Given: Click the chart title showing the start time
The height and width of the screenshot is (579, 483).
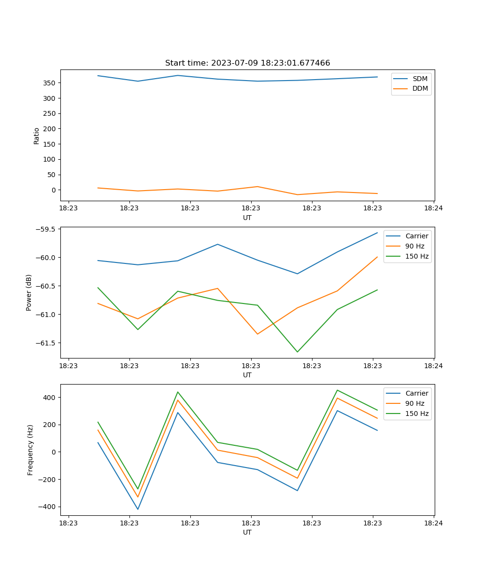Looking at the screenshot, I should [247, 63].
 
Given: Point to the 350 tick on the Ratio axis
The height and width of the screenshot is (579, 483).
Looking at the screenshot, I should [50, 83].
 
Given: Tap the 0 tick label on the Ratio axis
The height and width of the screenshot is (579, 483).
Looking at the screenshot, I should [54, 190].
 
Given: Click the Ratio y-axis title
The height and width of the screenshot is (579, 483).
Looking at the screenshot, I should [36, 136].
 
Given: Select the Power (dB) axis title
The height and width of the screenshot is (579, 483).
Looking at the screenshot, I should [29, 292].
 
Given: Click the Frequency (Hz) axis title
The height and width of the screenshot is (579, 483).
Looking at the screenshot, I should [30, 450].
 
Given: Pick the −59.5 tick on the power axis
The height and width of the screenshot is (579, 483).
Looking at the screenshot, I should [46, 229].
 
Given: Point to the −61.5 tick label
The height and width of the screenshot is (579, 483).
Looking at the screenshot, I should [46, 343].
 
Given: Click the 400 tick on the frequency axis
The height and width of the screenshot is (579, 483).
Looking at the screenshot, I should [50, 398].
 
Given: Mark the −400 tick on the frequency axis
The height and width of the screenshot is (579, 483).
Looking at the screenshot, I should [48, 507].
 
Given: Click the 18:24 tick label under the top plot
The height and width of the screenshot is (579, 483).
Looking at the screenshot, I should [433, 208].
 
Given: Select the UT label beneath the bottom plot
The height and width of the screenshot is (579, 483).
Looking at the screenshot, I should [247, 532].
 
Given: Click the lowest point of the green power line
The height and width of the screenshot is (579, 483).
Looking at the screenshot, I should [297, 352].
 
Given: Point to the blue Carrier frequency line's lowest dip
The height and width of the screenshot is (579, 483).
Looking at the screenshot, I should [138, 509].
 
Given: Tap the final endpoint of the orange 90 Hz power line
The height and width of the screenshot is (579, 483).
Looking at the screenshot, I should [377, 257].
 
